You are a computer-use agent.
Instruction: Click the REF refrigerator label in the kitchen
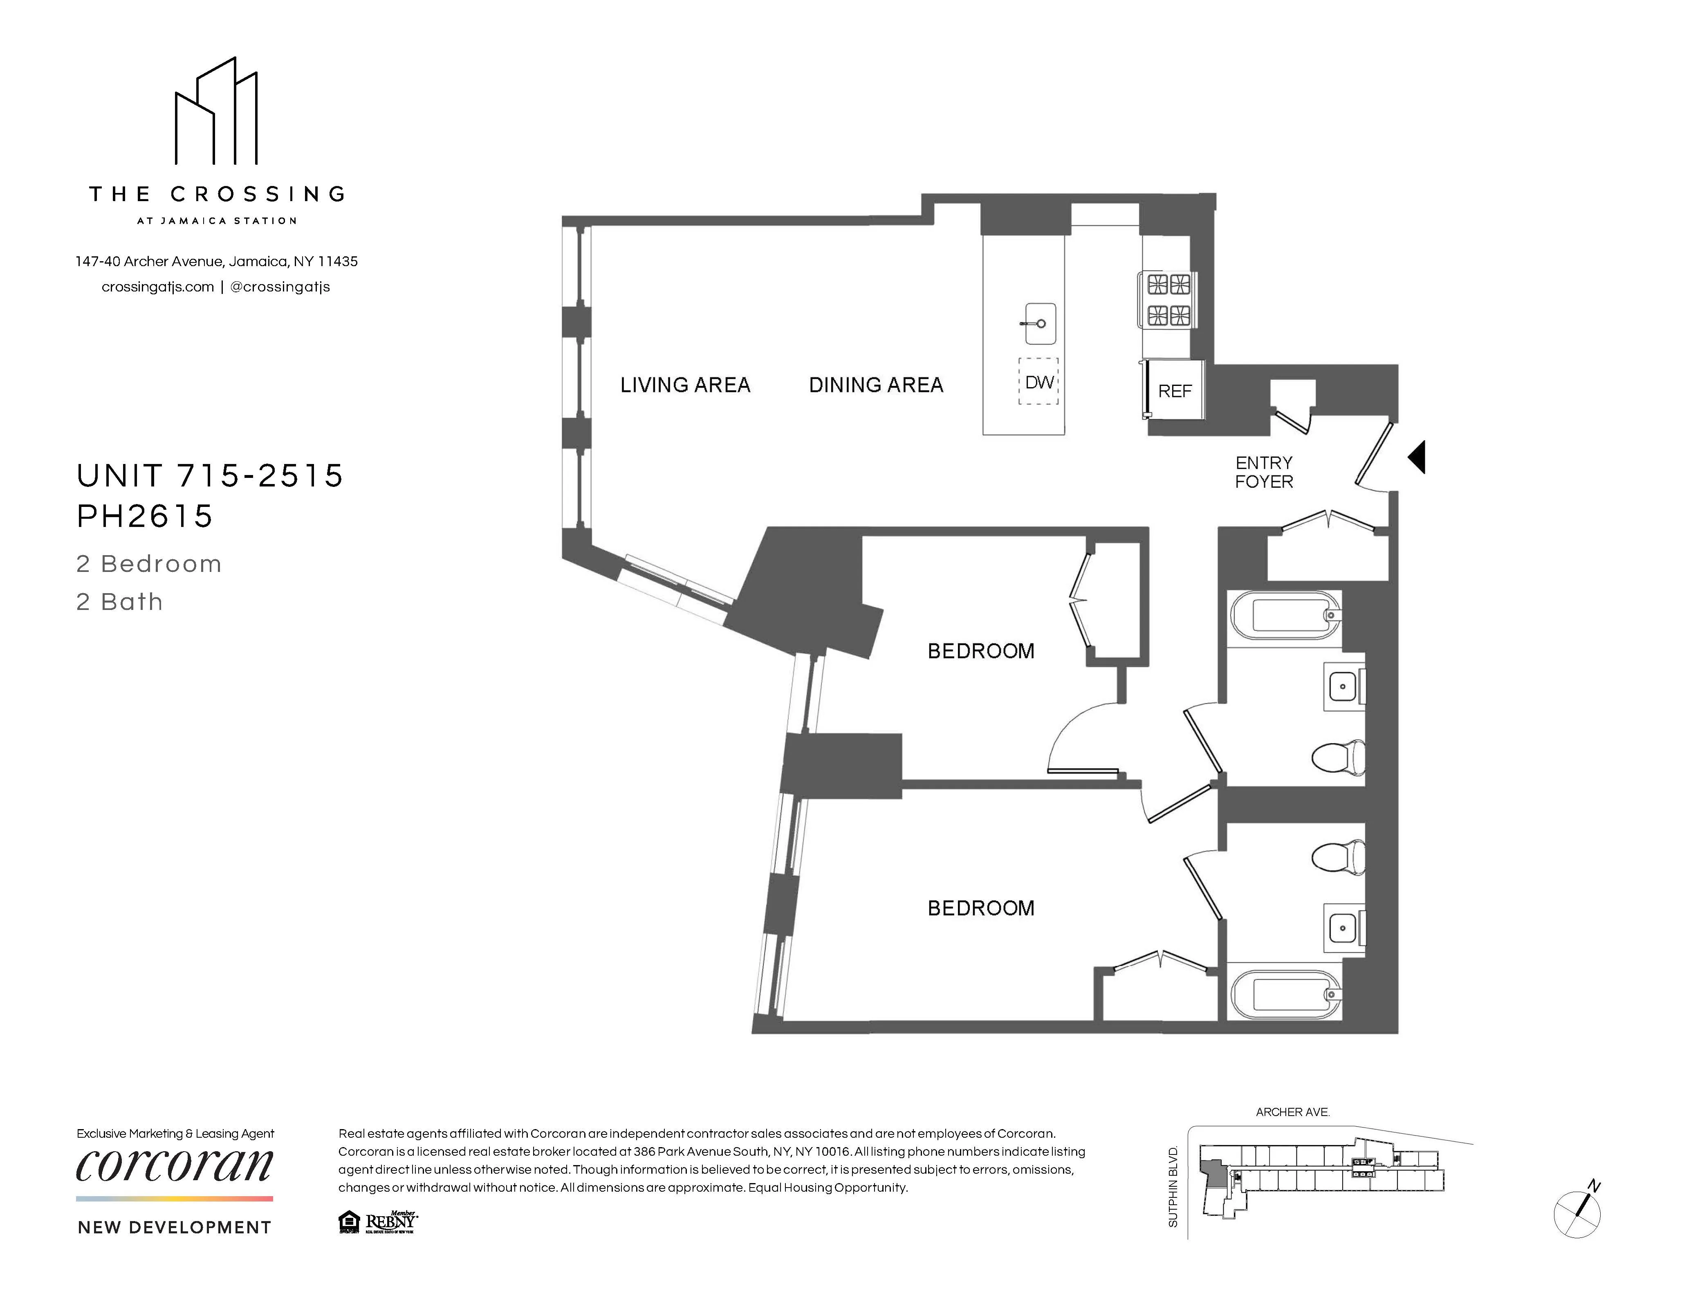1175,391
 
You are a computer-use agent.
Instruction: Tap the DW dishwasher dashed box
1039,382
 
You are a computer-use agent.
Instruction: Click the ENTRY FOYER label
1264,472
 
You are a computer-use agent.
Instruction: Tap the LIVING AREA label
685,385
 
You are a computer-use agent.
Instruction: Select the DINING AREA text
876,385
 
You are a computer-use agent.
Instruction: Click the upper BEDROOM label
980,652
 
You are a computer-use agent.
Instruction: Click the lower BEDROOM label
980,908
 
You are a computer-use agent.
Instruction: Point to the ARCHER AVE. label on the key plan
1292,1112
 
